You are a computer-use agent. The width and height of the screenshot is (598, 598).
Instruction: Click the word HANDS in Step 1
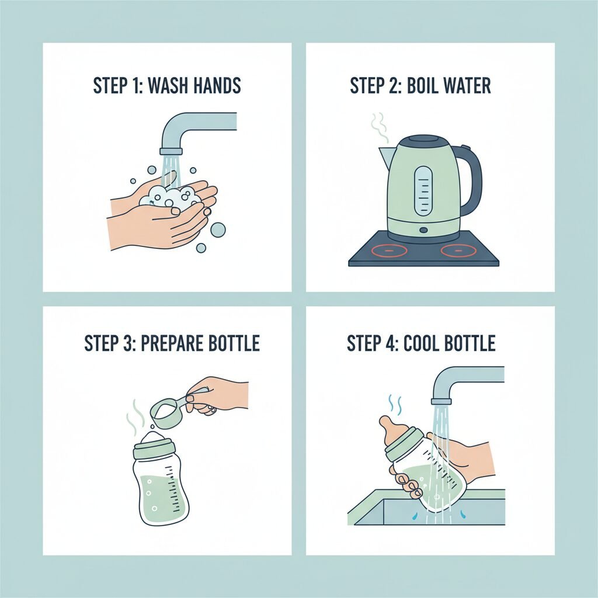[217, 85]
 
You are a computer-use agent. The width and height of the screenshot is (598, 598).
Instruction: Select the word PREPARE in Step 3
[172, 343]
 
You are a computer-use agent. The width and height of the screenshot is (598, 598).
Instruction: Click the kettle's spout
[385, 157]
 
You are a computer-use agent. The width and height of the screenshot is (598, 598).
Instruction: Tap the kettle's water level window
[424, 191]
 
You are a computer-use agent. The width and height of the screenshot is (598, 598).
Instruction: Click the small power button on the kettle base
[423, 230]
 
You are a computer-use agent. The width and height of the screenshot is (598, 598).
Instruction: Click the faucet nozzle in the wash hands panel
[171, 152]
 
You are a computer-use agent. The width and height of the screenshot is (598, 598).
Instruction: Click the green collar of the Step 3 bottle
[154, 450]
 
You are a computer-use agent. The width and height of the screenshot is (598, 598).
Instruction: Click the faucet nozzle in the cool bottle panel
[441, 401]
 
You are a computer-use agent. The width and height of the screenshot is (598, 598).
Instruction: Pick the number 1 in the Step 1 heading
[135, 85]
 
